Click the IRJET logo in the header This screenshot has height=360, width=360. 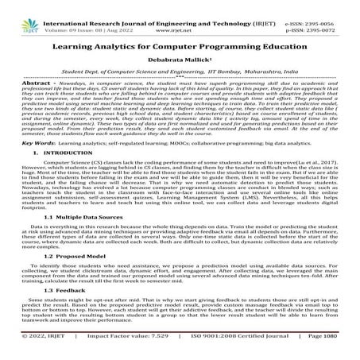pos(13,11)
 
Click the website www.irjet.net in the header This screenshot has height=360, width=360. pos(180,15)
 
